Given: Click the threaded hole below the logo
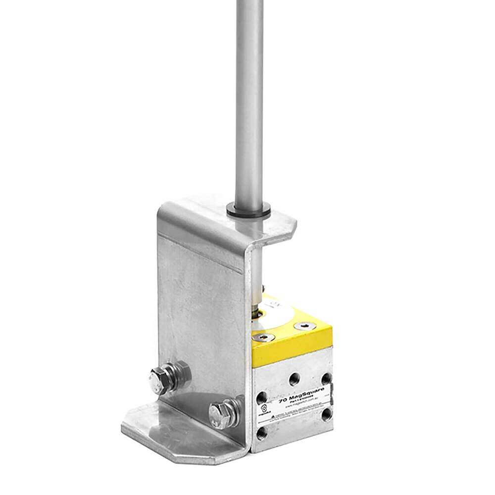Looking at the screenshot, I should (x=262, y=435).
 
